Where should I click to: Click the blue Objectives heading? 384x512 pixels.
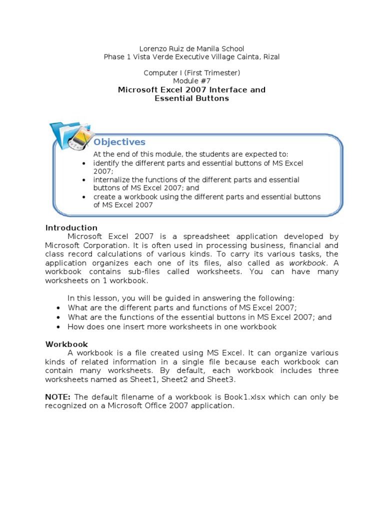pos(119,142)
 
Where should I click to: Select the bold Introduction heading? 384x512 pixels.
pos(71,228)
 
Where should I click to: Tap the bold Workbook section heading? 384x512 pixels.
pos(66,344)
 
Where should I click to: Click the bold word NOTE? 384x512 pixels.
pos(58,397)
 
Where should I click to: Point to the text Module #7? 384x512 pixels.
pos(192,81)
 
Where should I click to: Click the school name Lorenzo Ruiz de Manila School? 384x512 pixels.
pos(192,48)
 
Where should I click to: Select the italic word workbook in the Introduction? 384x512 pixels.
pos(307,263)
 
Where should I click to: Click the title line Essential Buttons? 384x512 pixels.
pos(191,98)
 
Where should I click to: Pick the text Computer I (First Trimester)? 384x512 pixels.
pos(192,73)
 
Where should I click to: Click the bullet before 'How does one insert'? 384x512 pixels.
pos(59,327)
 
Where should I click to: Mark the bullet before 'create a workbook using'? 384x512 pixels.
pos(84,197)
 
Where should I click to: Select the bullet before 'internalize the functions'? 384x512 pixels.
pos(84,180)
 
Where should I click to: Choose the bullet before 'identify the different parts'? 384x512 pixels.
pos(84,163)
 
